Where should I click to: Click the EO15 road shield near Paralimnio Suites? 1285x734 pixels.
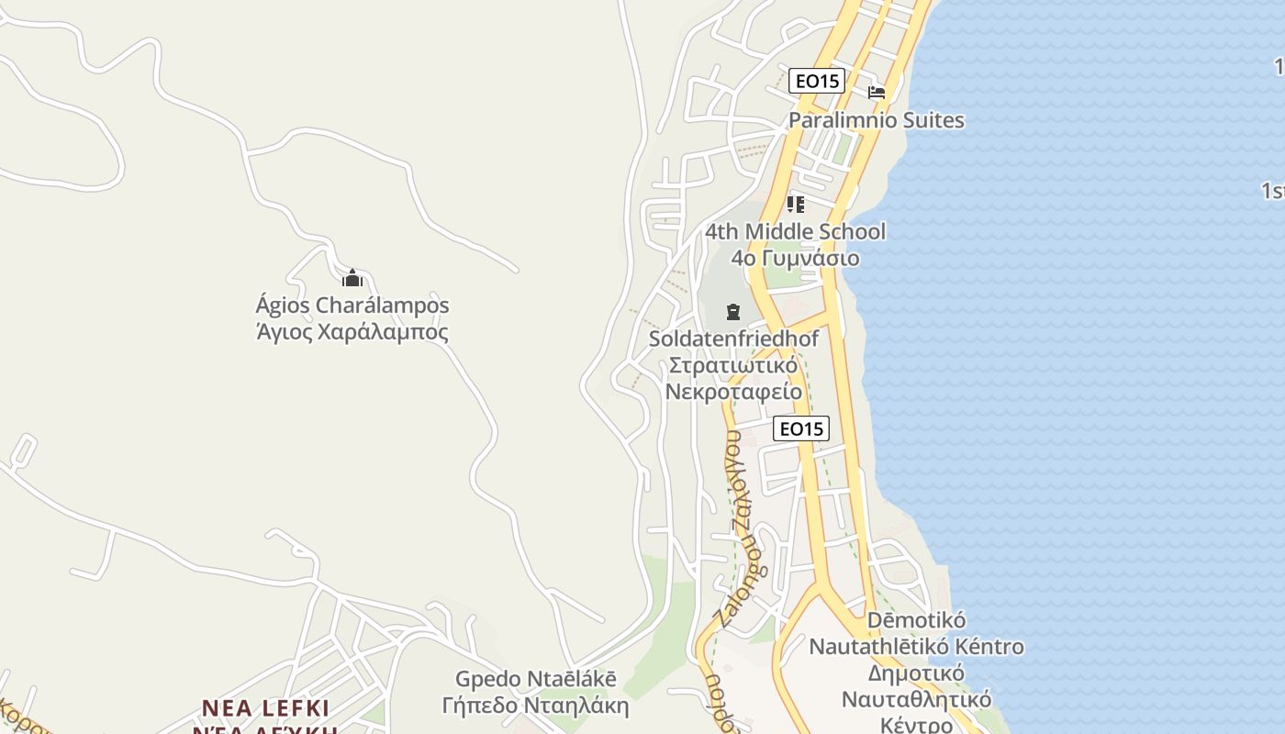point(817,81)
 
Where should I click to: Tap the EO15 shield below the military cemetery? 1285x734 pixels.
point(800,428)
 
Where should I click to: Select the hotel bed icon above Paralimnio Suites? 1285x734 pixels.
point(877,93)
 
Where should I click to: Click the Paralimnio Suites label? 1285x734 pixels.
point(877,120)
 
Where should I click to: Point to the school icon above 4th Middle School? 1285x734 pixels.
point(795,204)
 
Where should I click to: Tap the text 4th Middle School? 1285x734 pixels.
point(795,231)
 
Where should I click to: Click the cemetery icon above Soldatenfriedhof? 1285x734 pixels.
point(732,312)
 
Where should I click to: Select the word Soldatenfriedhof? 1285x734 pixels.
point(733,339)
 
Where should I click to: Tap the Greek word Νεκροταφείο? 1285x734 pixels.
point(733,392)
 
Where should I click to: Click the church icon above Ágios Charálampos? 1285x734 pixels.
point(352,278)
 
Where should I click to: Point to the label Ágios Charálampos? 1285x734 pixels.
point(352,305)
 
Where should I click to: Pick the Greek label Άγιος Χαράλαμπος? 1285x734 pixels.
point(352,331)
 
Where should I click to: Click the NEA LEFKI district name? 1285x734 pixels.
point(265,708)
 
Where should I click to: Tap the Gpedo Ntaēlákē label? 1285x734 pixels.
point(536,679)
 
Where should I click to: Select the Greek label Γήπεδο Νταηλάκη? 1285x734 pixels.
point(536,706)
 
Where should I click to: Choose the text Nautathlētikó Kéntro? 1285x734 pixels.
point(916,647)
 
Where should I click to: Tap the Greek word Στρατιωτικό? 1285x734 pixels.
point(733,365)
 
